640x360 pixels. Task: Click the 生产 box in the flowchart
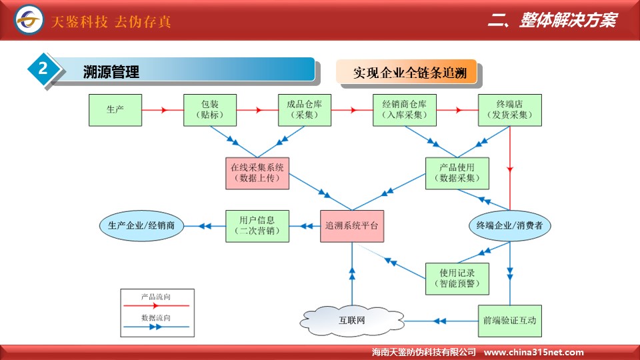[115, 110]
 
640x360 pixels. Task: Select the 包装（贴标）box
[210, 110]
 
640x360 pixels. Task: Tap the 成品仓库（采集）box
[305, 110]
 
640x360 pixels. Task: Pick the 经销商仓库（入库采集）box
[405, 110]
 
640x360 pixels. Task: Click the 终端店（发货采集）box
[510, 110]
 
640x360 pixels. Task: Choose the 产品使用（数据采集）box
[456, 173]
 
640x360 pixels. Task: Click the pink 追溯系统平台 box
[352, 226]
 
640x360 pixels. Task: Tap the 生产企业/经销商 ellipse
[141, 226]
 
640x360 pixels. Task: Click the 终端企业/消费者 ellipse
[510, 226]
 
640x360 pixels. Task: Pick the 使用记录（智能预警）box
[456, 279]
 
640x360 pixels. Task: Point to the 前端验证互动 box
[510, 321]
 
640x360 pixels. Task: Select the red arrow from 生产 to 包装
[163, 110]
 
